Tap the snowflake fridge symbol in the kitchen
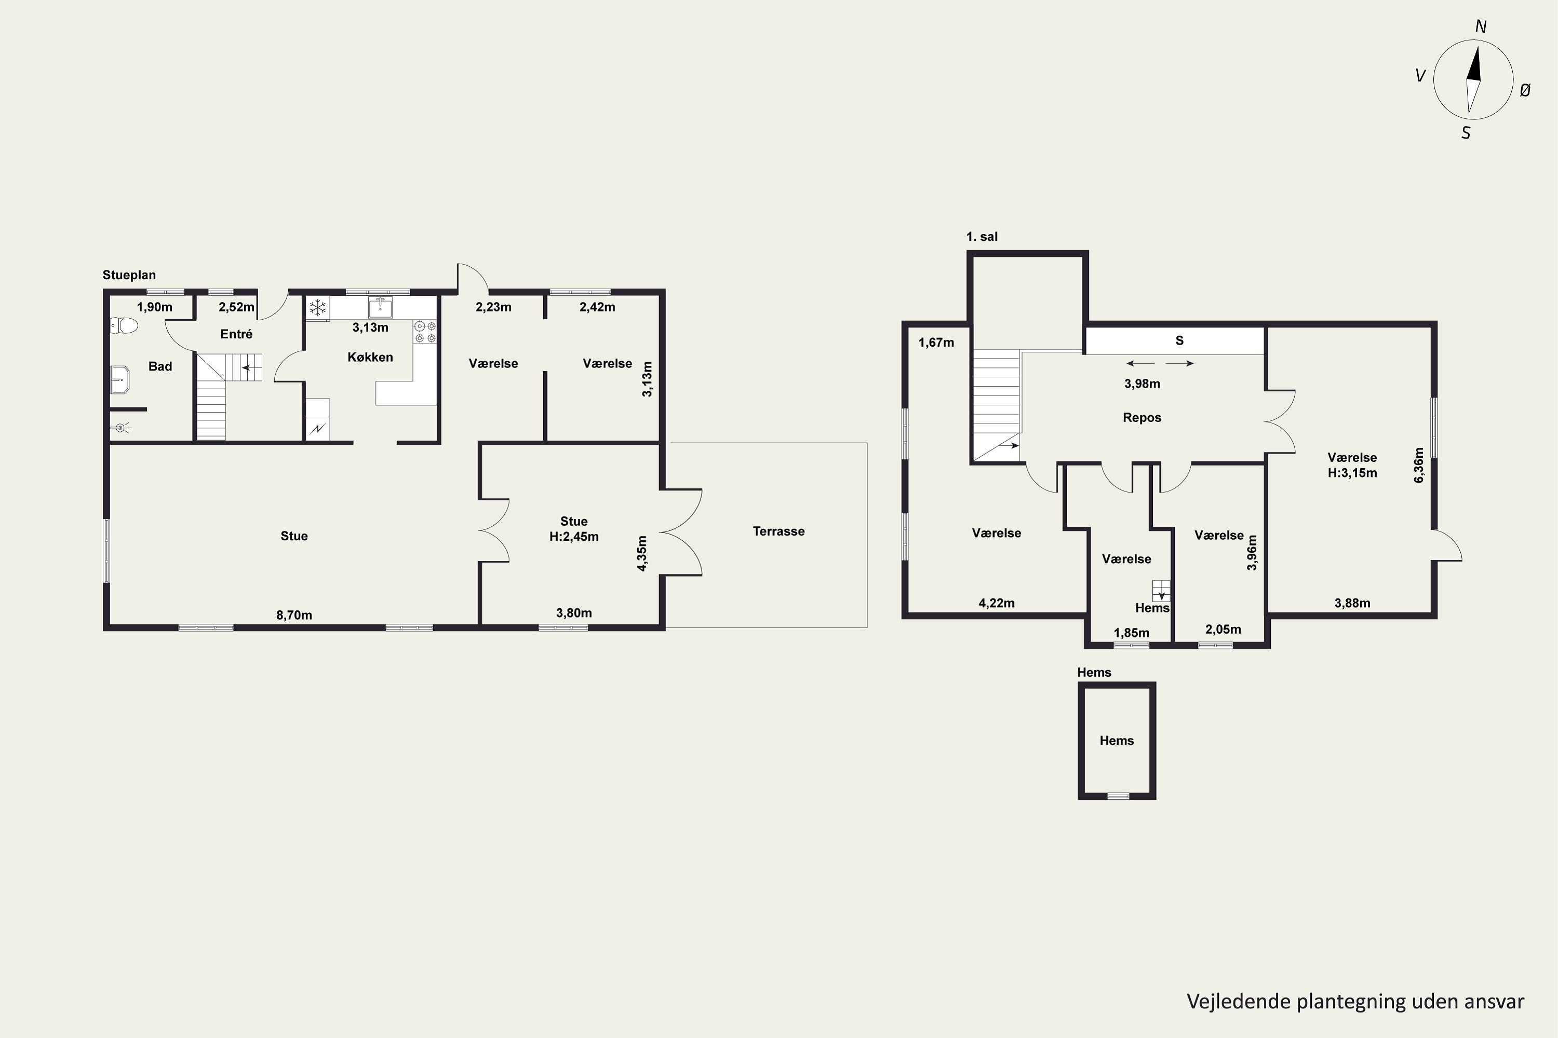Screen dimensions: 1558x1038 (318, 308)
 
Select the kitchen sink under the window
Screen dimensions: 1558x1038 (380, 307)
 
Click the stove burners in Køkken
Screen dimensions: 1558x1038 (425, 332)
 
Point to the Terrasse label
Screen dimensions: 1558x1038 (778, 531)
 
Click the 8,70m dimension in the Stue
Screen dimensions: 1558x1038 (294, 615)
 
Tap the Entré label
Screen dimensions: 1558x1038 (236, 334)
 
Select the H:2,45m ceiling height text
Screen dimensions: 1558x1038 (574, 536)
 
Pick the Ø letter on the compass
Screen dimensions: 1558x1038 (1524, 91)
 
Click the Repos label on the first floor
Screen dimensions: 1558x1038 (1142, 418)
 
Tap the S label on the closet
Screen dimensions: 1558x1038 (1179, 341)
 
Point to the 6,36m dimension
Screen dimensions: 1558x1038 (1418, 466)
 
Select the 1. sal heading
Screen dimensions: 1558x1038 (982, 236)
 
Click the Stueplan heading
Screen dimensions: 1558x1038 (129, 275)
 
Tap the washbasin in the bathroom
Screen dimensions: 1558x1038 (120, 380)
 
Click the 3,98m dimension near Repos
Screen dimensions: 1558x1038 (1142, 384)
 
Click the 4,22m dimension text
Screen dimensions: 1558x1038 (996, 603)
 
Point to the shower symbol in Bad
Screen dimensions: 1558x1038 (120, 428)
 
